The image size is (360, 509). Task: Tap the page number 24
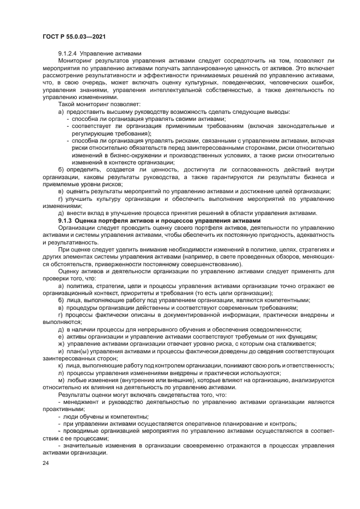[x=45, y=463]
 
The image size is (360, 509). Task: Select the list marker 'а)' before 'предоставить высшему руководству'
[x=61, y=111]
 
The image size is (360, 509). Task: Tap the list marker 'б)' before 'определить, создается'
[x=61, y=169]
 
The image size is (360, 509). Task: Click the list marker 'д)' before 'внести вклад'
[x=61, y=213]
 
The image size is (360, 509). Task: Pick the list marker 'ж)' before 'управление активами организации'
[x=62, y=344]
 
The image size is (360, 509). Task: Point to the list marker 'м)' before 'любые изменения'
[x=61, y=380]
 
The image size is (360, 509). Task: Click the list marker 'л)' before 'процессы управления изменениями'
[x=61, y=373]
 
